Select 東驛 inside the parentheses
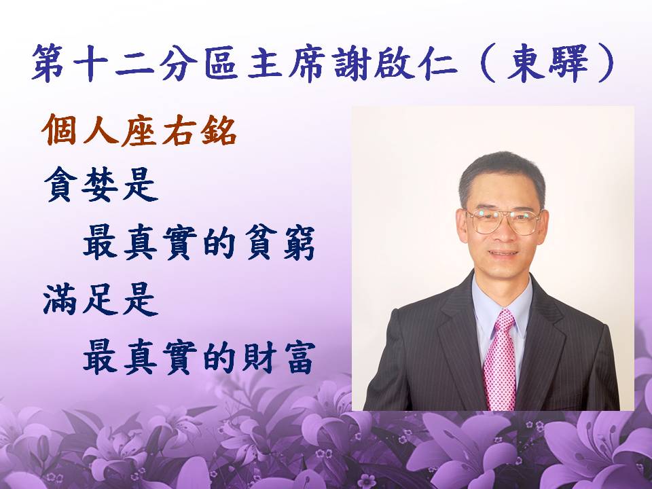pos(547,63)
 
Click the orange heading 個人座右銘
pos(139,130)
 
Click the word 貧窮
pos(280,243)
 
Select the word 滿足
pos(81,300)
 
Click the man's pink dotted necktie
pos(501,360)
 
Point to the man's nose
pos(503,235)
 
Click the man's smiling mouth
pos(503,253)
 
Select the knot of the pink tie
pos(504,320)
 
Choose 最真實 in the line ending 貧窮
pos(140,243)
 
